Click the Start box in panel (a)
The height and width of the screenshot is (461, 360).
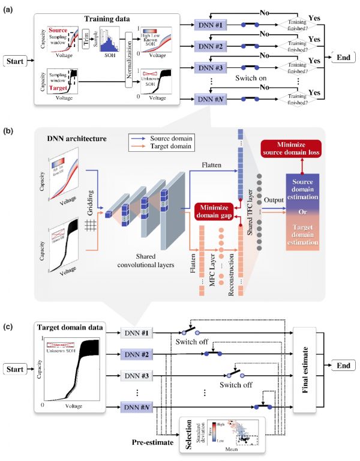pyautogui.click(x=17, y=61)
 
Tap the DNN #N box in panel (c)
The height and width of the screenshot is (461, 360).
pyautogui.click(x=137, y=406)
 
